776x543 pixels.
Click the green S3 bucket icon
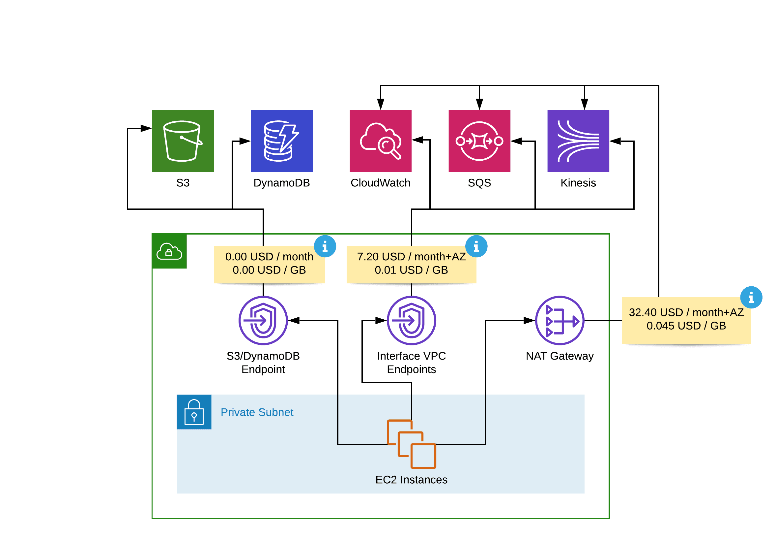click(x=183, y=141)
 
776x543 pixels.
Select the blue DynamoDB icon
click(x=281, y=141)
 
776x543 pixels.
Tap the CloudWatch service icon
click(x=381, y=141)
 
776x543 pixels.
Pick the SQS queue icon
click(x=479, y=141)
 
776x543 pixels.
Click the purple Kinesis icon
click(x=578, y=141)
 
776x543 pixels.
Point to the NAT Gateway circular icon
click(x=560, y=320)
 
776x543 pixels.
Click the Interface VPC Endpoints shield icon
click(x=411, y=320)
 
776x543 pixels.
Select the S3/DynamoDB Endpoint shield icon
click(x=263, y=320)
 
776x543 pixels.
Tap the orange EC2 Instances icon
click(x=411, y=444)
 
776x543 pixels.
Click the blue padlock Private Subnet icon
click(x=194, y=412)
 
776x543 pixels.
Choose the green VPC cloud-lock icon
click(x=169, y=251)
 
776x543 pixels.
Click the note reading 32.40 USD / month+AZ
click(x=686, y=320)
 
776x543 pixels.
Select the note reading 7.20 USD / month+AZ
click(x=411, y=264)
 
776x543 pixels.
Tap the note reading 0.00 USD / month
click(x=269, y=264)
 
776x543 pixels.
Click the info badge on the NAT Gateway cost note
click(x=751, y=297)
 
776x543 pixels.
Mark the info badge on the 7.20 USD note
click(x=476, y=246)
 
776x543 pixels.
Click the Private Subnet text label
click(x=257, y=412)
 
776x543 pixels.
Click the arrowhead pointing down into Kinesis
click(x=584, y=104)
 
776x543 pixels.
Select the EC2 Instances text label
click(x=411, y=479)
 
